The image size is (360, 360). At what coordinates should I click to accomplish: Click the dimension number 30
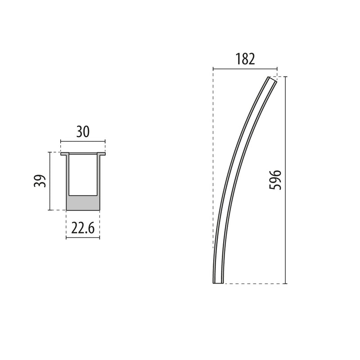coord(83,131)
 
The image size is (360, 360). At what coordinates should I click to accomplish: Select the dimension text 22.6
coord(83,228)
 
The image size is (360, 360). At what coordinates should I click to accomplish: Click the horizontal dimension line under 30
coord(83,142)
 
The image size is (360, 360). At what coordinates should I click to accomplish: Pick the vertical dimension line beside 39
coord(49,181)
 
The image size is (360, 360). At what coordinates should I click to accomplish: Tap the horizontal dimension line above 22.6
coord(83,237)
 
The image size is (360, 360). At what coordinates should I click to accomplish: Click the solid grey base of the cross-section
coord(83,203)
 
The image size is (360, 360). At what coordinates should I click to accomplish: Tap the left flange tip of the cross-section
coord(63,154)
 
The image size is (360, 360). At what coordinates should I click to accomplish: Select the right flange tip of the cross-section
coord(103,154)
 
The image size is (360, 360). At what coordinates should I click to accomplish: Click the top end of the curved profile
coord(271,80)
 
